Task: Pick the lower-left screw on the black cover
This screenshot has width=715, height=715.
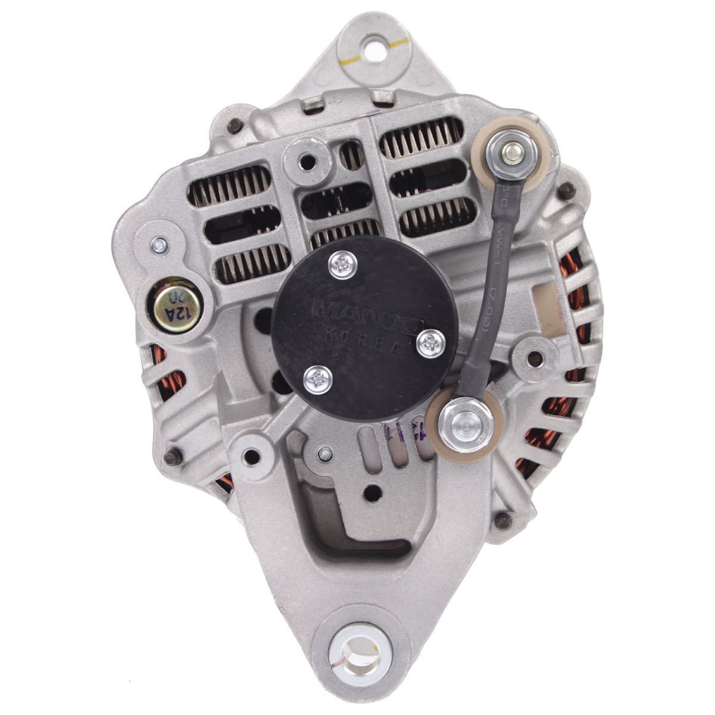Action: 318,380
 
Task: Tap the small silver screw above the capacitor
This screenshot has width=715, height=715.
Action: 159,245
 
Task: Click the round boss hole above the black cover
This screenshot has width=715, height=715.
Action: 307,160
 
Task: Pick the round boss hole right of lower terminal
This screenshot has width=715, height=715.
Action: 535,359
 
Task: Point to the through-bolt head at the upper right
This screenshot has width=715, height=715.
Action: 566,191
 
